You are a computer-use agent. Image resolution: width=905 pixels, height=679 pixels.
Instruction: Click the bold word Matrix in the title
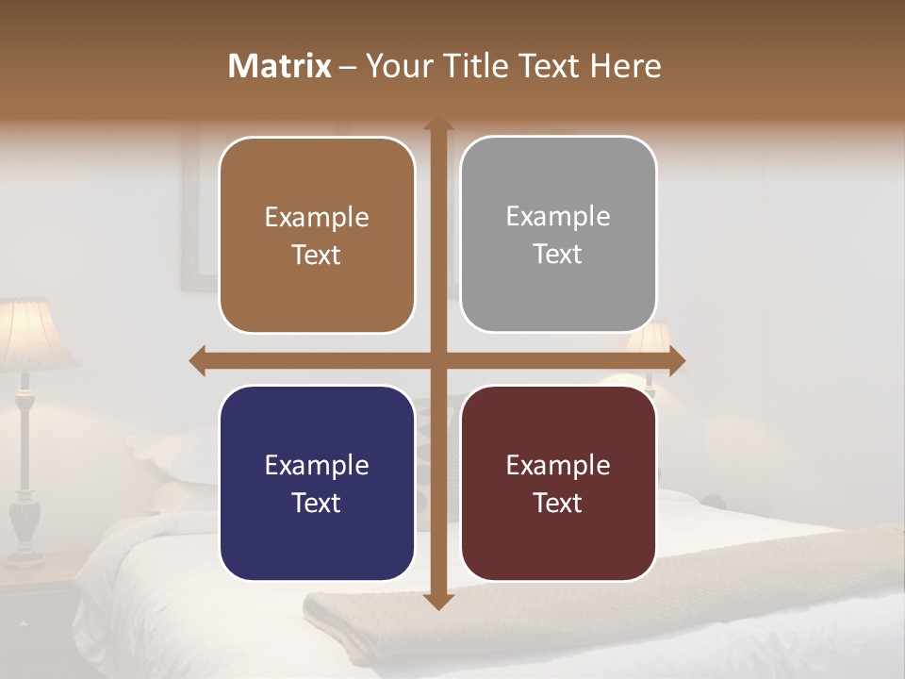coord(279,66)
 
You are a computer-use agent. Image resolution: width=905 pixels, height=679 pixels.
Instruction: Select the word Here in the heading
coord(625,66)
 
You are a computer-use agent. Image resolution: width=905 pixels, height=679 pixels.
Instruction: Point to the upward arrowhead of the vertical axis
coord(437,125)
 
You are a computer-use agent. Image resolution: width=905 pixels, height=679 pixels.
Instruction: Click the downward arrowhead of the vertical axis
coord(437,601)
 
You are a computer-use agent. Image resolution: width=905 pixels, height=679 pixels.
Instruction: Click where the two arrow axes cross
coord(437,360)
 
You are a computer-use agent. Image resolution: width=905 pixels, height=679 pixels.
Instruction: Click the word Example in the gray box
coord(558,217)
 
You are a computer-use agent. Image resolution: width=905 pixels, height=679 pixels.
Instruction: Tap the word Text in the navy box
coord(317,503)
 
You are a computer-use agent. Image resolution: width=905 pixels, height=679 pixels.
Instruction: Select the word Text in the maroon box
coord(558,503)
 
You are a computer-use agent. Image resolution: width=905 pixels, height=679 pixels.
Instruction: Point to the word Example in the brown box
coord(317,218)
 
